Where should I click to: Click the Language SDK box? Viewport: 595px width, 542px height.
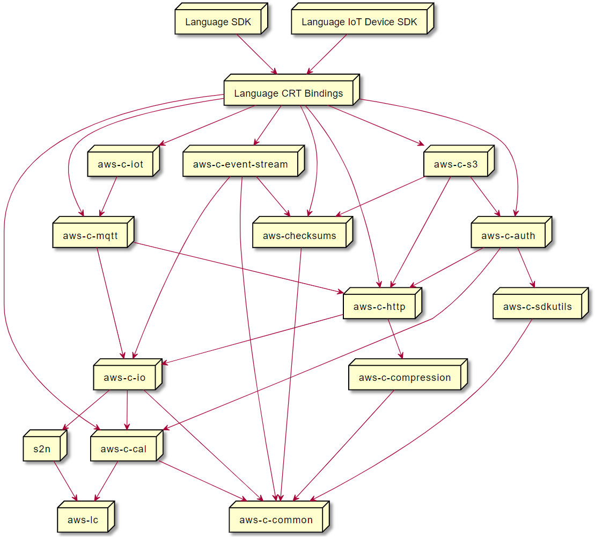click(x=218, y=23)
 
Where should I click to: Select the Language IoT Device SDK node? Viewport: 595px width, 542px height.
click(x=359, y=23)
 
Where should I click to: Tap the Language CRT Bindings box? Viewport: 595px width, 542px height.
click(x=289, y=93)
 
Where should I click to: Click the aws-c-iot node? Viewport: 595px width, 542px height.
click(x=121, y=164)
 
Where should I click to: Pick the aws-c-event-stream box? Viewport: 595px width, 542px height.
click(x=240, y=164)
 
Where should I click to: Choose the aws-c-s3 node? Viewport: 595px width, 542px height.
click(x=456, y=164)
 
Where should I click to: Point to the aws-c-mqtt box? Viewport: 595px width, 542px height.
click(x=90, y=235)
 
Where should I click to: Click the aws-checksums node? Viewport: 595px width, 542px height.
click(x=299, y=235)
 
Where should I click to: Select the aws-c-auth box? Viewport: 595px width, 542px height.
click(x=508, y=235)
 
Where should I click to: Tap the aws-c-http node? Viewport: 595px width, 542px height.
click(x=379, y=307)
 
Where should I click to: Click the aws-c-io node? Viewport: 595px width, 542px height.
click(x=124, y=378)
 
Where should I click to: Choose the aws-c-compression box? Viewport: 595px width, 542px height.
click(x=405, y=378)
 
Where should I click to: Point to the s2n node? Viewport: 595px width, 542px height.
click(x=42, y=449)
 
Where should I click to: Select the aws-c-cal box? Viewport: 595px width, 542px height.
click(x=123, y=449)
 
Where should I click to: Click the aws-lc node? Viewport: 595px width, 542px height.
click(x=83, y=520)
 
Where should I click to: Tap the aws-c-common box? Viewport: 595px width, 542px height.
click(x=276, y=520)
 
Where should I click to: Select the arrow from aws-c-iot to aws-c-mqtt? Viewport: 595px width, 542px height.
click(x=109, y=196)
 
